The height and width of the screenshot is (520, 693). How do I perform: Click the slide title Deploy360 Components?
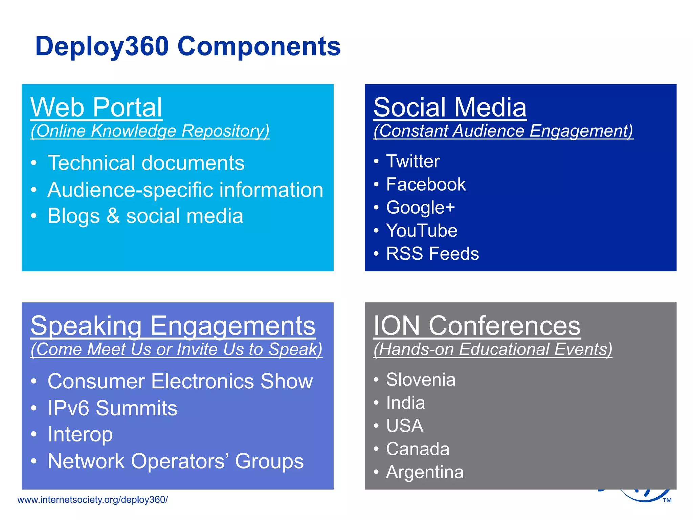pyautogui.click(x=188, y=46)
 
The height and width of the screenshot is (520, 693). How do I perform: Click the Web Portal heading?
pyautogui.click(x=96, y=107)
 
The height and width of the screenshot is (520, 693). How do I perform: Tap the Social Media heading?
pyautogui.click(x=450, y=107)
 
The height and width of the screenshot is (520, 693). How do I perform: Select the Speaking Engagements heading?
pyautogui.click(x=173, y=326)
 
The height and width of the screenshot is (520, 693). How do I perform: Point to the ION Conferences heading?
pyautogui.click(x=476, y=326)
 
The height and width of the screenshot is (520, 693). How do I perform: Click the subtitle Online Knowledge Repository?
pyautogui.click(x=150, y=131)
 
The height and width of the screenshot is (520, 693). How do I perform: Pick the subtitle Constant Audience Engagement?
pyautogui.click(x=503, y=131)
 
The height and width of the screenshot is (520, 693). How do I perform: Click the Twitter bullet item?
pyautogui.click(x=413, y=161)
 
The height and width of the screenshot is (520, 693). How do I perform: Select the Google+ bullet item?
pyautogui.click(x=420, y=207)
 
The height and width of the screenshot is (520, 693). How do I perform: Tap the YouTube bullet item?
pyautogui.click(x=422, y=231)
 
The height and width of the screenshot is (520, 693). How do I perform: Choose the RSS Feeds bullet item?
pyautogui.click(x=432, y=254)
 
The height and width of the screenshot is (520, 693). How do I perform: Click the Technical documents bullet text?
pyautogui.click(x=146, y=163)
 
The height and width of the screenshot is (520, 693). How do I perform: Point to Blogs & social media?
pyautogui.click(x=145, y=216)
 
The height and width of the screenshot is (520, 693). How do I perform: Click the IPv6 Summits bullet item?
pyautogui.click(x=112, y=408)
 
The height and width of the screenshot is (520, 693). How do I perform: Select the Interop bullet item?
pyautogui.click(x=80, y=434)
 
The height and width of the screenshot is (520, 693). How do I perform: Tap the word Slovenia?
pyautogui.click(x=421, y=380)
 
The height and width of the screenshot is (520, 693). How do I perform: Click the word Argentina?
pyautogui.click(x=425, y=472)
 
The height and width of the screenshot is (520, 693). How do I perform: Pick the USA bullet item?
pyautogui.click(x=405, y=426)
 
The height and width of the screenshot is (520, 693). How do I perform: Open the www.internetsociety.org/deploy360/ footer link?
pyautogui.click(x=92, y=500)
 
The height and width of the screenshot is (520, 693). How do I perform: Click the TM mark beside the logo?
pyautogui.click(x=667, y=500)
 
